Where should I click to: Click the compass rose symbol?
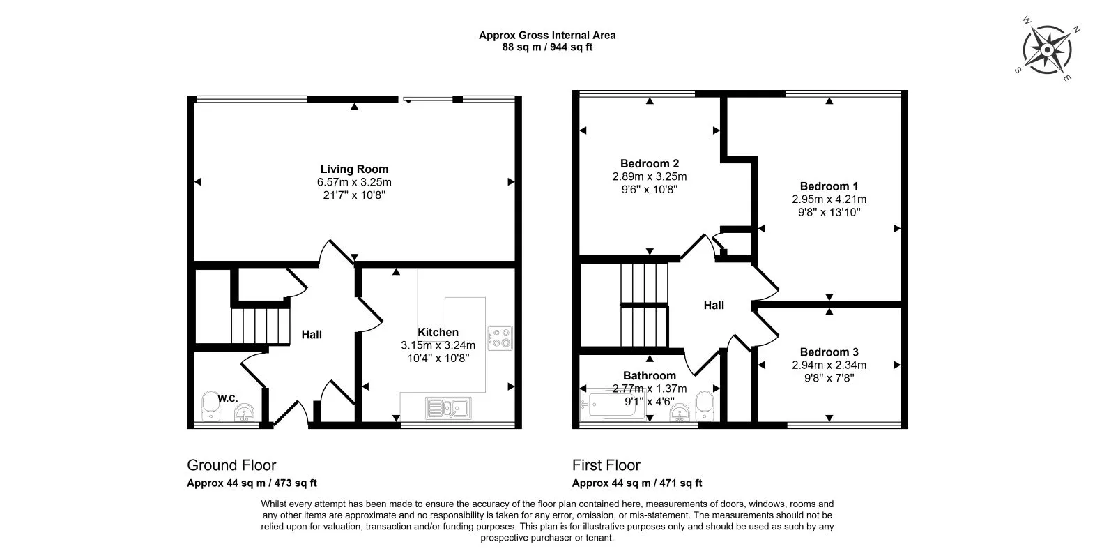pos(1047,50)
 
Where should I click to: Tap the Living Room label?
pos(354,169)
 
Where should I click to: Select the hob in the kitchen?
pos(500,338)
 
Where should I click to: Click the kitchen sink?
pos(448,408)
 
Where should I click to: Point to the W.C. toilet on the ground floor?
pos(210,406)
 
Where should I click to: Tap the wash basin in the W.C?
pos(244,413)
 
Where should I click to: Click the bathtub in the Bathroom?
pos(613,404)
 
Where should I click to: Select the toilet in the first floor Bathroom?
pos(705,405)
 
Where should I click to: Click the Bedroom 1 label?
pos(829,186)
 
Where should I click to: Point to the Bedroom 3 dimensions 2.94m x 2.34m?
pos(829,365)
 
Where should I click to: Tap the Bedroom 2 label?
pos(650,163)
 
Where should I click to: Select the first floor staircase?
pos(644,305)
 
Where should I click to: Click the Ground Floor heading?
pos(231,465)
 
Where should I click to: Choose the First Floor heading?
pos(606,465)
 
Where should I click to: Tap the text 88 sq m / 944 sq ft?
pos(548,47)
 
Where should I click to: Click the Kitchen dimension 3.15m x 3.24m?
pos(438,345)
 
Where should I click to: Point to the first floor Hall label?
pos(714,306)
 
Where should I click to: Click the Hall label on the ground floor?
pos(312,335)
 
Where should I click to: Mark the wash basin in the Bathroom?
pos(680,412)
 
